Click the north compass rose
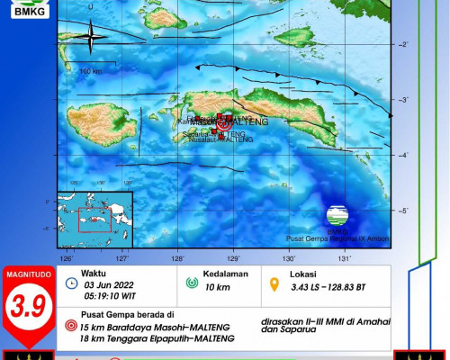(90, 36)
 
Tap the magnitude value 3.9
(24, 309)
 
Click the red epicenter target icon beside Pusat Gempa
(71, 327)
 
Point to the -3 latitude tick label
(404, 100)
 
